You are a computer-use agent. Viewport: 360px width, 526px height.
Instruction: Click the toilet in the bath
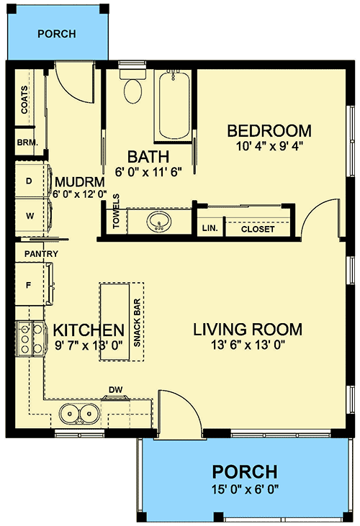(132, 86)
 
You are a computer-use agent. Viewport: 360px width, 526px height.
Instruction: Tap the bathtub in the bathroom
(174, 106)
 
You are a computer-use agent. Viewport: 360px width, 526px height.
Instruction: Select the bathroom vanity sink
(159, 222)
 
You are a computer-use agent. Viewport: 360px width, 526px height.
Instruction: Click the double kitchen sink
(79, 414)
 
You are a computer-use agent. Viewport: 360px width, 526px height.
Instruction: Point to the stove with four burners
(30, 338)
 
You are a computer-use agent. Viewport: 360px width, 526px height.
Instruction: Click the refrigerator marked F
(34, 284)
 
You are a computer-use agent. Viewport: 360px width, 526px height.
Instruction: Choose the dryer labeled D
(33, 181)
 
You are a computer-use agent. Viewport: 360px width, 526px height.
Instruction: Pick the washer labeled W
(33, 216)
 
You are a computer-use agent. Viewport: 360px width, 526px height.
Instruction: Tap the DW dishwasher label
(115, 390)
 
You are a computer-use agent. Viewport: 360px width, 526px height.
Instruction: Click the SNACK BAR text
(137, 322)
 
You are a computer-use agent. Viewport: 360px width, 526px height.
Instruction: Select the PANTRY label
(41, 254)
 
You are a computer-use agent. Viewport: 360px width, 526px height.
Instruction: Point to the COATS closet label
(24, 99)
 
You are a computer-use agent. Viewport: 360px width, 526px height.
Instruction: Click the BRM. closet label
(27, 142)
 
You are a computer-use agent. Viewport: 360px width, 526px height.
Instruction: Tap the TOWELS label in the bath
(116, 211)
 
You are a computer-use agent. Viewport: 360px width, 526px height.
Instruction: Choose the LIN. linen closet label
(210, 228)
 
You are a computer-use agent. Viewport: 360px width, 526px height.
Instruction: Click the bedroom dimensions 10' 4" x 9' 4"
(270, 146)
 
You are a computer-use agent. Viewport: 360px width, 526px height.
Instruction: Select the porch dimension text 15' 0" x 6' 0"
(246, 489)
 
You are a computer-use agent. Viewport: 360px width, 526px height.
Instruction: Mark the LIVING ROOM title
(248, 330)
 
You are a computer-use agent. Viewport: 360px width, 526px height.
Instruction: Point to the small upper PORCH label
(57, 34)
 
